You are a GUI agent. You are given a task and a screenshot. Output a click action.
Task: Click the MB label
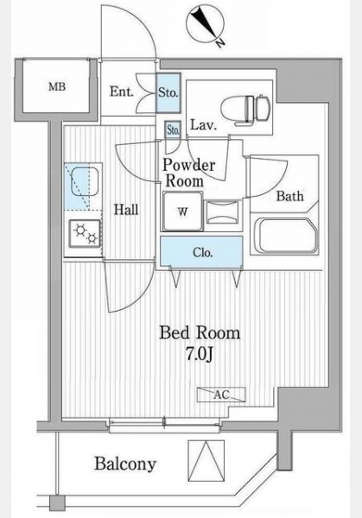(57, 87)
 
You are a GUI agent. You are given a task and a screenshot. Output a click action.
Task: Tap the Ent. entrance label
(121, 92)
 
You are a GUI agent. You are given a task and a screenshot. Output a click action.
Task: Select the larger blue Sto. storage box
(168, 93)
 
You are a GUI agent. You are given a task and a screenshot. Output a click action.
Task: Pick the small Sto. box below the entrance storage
(173, 129)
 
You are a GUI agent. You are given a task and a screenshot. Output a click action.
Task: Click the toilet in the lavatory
(245, 110)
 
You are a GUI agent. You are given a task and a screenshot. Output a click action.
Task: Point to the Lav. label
(203, 125)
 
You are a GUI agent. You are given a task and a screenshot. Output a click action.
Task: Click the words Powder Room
(188, 173)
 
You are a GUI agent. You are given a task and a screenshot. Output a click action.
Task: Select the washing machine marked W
(182, 212)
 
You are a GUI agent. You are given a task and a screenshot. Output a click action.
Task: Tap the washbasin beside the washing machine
(222, 212)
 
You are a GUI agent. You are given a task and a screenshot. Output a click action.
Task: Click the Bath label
(290, 196)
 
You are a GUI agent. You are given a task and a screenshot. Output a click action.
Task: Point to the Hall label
(126, 210)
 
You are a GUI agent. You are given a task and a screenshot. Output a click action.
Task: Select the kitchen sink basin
(85, 182)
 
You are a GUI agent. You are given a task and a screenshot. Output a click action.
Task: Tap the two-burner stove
(85, 234)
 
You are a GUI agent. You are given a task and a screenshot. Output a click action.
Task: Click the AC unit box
(221, 395)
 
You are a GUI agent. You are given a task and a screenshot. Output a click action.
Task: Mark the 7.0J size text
(200, 354)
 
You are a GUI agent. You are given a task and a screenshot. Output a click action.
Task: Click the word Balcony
(125, 464)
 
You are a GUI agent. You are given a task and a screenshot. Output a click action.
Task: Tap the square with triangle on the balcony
(206, 460)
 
